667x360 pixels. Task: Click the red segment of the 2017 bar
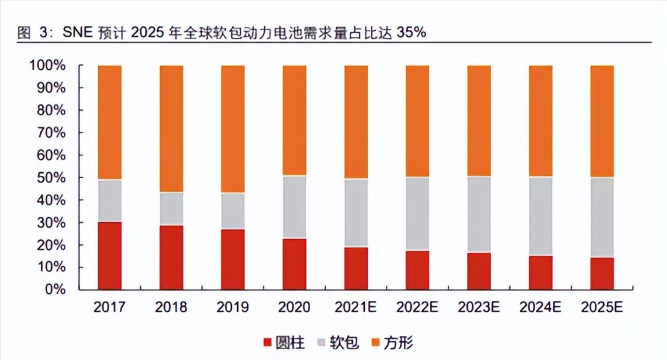pyautogui.click(x=110, y=256)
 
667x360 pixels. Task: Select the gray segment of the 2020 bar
pyautogui.click(x=294, y=207)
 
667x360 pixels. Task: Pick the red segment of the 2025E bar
pyautogui.click(x=602, y=273)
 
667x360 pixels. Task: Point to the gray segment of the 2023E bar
pyautogui.click(x=479, y=214)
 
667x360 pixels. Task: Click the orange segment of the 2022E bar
pyautogui.click(x=417, y=121)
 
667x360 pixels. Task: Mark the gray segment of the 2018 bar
pyautogui.click(x=172, y=209)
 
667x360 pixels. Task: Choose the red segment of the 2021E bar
pyautogui.click(x=356, y=268)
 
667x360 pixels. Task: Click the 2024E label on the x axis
pyautogui.click(x=541, y=307)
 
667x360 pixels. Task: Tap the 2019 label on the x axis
pyautogui.click(x=233, y=307)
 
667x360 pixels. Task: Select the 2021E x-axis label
pyautogui.click(x=356, y=307)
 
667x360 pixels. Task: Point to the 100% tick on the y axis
pyautogui.click(x=46, y=66)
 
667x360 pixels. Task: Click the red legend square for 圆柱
pyautogui.click(x=268, y=343)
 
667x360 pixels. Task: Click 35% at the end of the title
pyautogui.click(x=411, y=33)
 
